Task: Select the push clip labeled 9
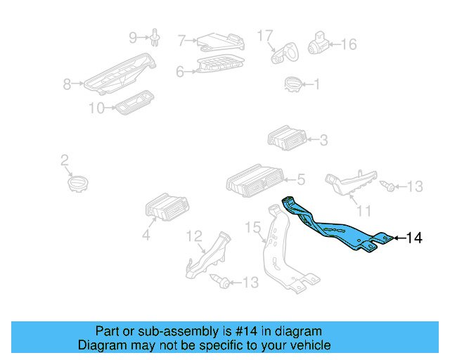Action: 156,38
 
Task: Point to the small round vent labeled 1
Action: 292,85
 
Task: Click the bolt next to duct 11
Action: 386,186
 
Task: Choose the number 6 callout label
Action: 180,71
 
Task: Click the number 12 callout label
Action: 194,236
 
